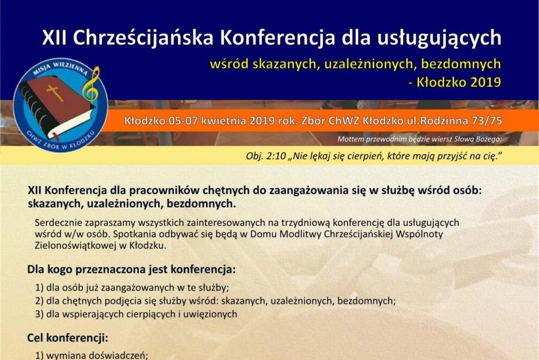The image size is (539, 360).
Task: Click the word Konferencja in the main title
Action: [x=277, y=38]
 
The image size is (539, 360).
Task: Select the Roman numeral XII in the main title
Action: [x=54, y=38]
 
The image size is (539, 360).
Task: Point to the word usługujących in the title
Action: [x=440, y=38]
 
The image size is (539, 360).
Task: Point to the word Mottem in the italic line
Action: [x=350, y=139]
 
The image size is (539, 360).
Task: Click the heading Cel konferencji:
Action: [x=68, y=338]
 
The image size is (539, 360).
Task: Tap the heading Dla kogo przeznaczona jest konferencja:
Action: [x=131, y=269]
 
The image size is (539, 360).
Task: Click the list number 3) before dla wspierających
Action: [x=39, y=314]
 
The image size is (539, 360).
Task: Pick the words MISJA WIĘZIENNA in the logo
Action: [x=60, y=68]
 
